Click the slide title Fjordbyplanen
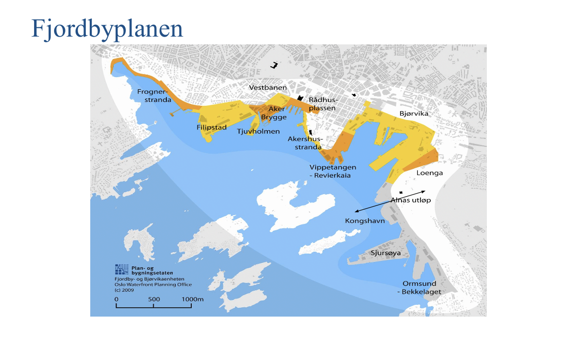107,29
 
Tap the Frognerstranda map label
154,96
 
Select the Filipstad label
211,128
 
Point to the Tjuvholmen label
258,132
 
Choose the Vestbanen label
268,88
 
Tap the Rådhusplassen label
323,104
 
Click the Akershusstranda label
304,143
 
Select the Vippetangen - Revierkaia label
330,171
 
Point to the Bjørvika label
413,114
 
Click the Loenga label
429,173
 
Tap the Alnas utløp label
411,200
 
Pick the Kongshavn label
365,221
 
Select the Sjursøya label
385,253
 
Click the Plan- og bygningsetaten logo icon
121,269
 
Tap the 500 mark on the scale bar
154,299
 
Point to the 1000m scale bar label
192,299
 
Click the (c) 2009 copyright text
124,290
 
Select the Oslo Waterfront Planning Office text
153,284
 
